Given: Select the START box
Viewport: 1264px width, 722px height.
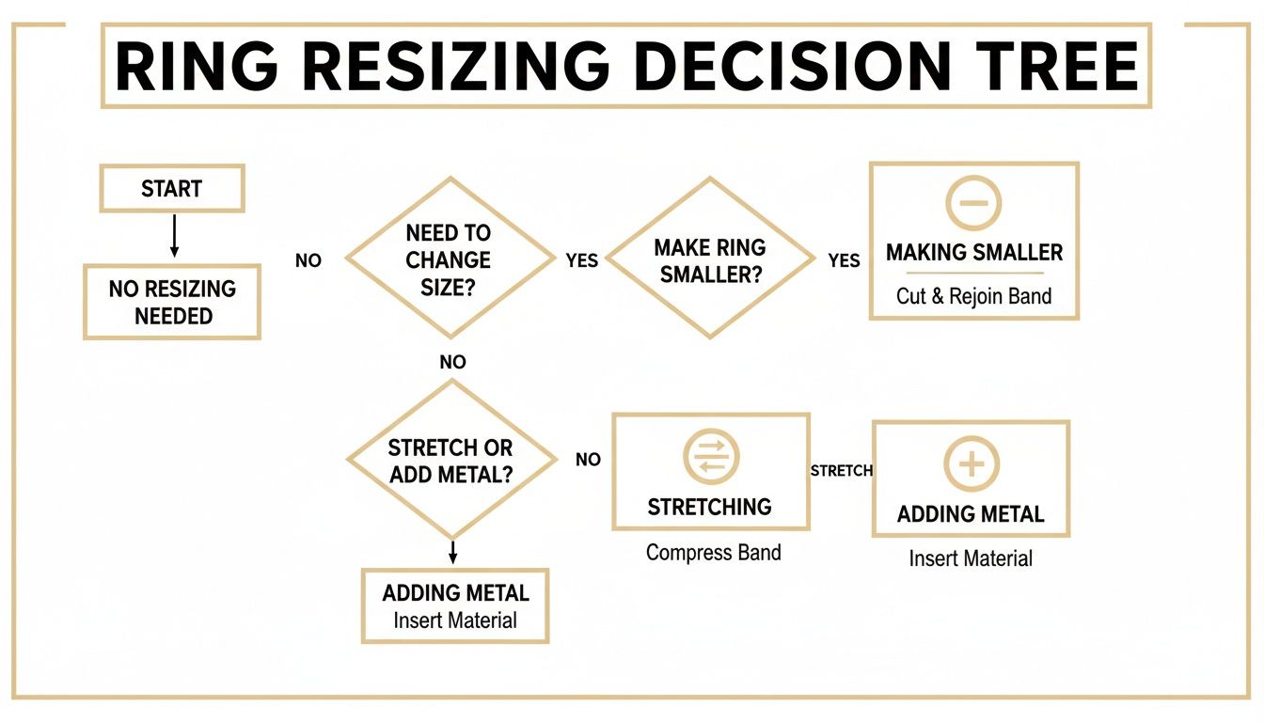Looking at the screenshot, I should (x=171, y=188).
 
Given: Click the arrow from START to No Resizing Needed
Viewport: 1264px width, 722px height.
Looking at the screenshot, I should (x=173, y=235).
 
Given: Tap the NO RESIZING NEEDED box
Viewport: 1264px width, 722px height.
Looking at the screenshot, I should (x=172, y=302).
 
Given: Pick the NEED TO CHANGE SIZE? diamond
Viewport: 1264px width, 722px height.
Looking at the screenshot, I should (x=449, y=259).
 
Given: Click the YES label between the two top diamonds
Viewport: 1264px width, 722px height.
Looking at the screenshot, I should (x=582, y=260).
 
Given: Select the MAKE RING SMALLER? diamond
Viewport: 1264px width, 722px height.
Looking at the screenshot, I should (x=710, y=260).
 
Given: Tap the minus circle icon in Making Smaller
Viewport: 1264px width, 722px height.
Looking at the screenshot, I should (x=972, y=202).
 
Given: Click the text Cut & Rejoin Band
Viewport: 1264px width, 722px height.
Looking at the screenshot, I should (x=973, y=296).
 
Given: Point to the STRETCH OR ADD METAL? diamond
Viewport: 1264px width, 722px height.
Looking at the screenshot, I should (x=451, y=460).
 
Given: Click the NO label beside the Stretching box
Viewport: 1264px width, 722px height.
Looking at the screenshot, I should (x=588, y=460).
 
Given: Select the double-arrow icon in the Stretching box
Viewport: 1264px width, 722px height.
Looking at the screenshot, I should (x=710, y=458).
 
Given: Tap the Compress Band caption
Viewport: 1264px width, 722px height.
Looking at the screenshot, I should (x=713, y=552).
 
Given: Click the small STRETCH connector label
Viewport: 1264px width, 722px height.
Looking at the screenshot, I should (x=841, y=470).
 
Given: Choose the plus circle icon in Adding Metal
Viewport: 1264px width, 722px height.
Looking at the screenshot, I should (x=971, y=464).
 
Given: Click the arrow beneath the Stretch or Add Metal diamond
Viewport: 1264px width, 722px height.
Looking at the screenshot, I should (x=453, y=552).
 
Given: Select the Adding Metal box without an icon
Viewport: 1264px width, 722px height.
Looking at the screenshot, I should (x=455, y=605).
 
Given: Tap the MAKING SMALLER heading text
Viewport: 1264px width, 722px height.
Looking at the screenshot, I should (x=973, y=252).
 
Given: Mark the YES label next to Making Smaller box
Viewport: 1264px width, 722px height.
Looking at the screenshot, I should (x=844, y=260).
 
